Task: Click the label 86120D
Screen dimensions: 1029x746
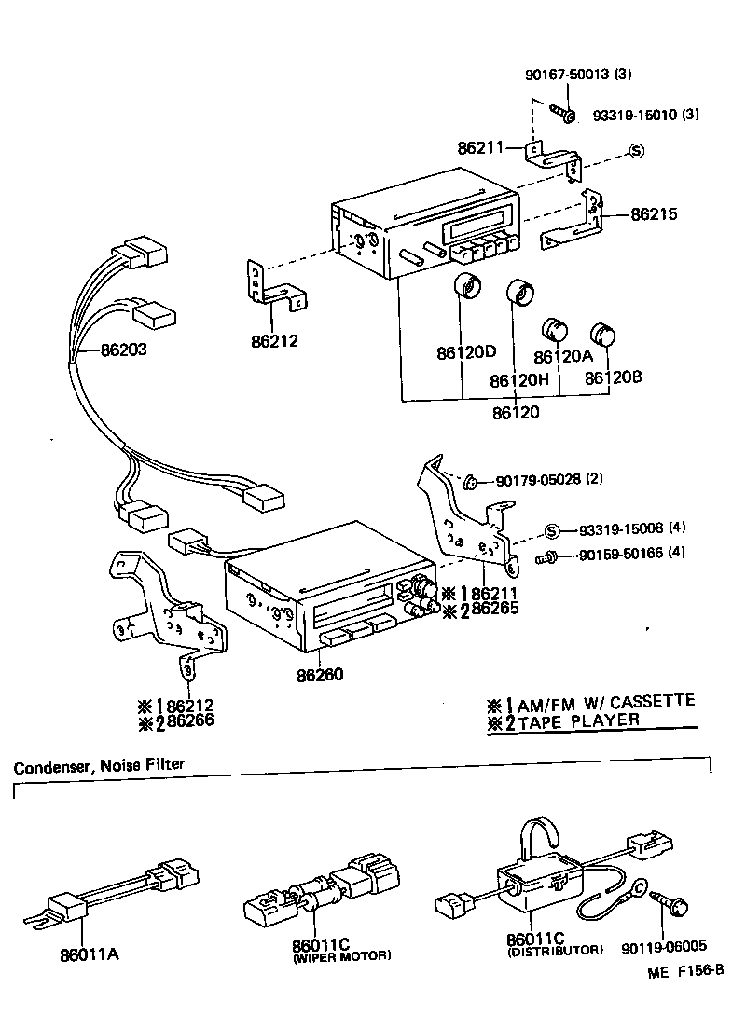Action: (466, 353)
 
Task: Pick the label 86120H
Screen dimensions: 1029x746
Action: (519, 381)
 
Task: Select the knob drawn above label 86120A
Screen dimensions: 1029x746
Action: (556, 330)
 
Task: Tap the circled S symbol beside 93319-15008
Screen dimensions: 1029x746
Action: (551, 531)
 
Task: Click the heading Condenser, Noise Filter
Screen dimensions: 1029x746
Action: (99, 765)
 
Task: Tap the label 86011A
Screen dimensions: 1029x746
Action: (89, 954)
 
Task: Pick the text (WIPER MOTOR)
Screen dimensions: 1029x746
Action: (342, 956)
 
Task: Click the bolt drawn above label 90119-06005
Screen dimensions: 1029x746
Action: (675, 902)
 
